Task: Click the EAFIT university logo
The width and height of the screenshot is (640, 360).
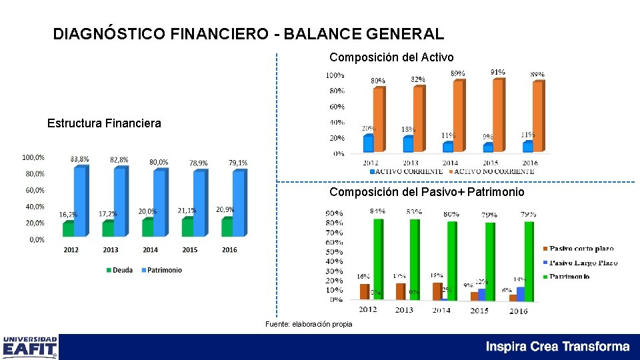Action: [x=31, y=347]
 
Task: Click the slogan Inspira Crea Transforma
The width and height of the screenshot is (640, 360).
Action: [x=557, y=347]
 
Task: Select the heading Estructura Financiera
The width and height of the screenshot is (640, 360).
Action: [x=104, y=123]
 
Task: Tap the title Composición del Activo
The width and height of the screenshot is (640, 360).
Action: [x=391, y=57]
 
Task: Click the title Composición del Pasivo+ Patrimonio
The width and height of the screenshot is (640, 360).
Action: [x=427, y=192]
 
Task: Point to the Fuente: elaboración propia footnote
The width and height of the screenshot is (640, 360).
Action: [x=309, y=324]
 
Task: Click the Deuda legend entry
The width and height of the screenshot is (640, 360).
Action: [x=119, y=270]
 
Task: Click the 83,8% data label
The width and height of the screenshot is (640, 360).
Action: [x=80, y=159]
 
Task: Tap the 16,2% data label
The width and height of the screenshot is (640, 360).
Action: [x=68, y=215]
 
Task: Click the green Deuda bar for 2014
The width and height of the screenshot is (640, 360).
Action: [x=148, y=228]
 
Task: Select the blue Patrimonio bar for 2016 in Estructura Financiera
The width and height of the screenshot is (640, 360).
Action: [x=238, y=203]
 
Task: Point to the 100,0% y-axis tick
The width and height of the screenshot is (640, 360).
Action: [x=33, y=157]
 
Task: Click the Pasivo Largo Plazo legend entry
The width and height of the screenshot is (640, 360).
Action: [x=581, y=263]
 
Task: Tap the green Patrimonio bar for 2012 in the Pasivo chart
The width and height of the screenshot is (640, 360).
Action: [x=377, y=260]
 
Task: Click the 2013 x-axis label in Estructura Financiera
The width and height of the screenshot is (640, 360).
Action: [x=111, y=250]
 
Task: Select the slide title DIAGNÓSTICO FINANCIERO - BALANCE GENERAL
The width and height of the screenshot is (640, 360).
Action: [x=248, y=34]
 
